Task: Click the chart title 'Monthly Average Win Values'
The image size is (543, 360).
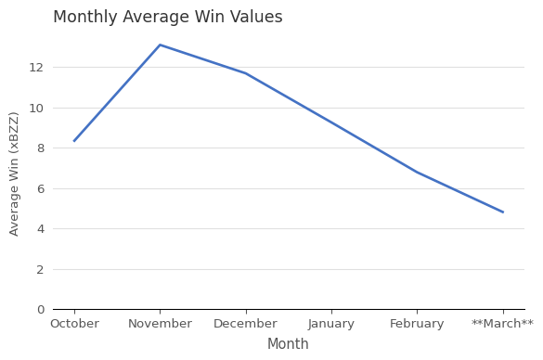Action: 168,18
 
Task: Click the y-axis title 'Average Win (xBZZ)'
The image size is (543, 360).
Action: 14,174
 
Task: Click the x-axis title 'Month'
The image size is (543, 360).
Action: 288,344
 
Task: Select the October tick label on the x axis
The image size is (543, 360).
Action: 74,324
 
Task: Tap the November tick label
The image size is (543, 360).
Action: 160,324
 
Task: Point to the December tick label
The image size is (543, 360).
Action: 245,324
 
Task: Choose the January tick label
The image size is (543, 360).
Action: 331,324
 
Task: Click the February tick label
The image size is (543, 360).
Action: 417,324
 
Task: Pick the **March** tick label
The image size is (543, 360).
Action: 502,324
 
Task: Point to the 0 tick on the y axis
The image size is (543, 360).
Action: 40,310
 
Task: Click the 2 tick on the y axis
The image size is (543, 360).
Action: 40,269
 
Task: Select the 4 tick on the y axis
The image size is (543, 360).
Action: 40,229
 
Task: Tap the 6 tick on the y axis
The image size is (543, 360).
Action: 40,188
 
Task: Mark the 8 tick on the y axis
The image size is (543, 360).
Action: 40,148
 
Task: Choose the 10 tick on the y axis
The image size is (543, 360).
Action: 36,108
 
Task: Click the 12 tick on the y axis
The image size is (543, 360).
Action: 36,68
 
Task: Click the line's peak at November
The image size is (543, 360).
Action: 160,45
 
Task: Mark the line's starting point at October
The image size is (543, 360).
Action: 74,141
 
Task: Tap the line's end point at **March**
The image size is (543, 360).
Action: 502,212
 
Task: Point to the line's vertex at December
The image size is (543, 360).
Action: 245,73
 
